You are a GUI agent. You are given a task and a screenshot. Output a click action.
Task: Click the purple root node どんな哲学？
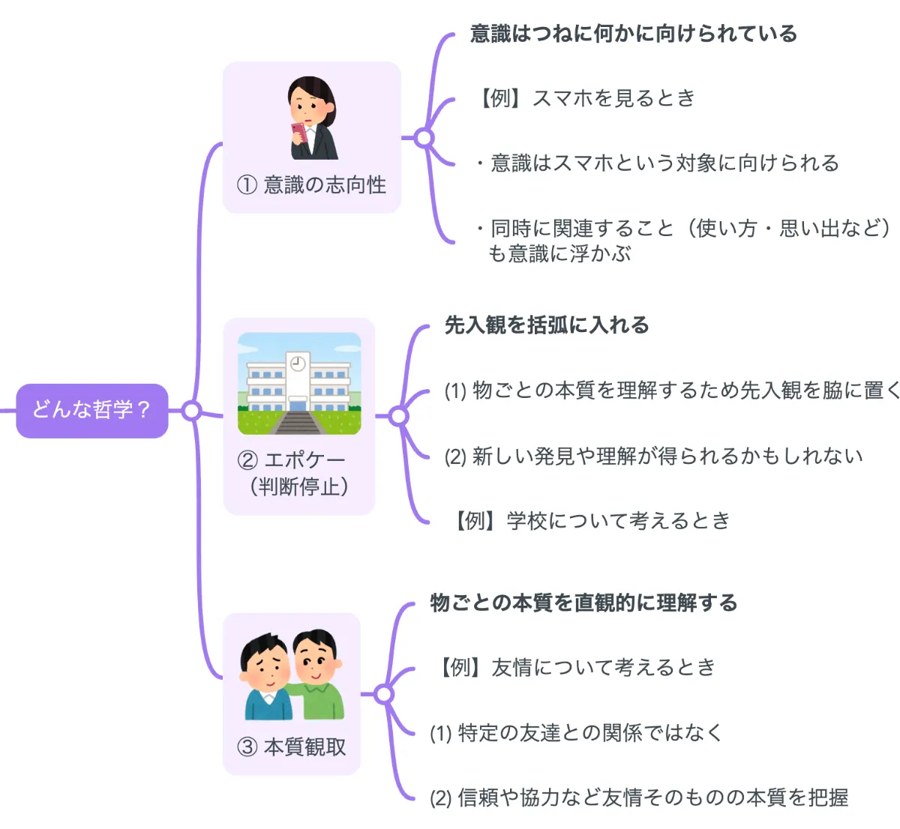91,410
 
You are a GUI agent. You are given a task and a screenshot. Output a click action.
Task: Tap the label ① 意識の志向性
311,184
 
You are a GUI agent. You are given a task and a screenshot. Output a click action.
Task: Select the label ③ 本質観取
292,747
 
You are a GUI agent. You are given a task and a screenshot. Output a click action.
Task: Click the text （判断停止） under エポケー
298,486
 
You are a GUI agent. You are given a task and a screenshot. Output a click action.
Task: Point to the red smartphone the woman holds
298,133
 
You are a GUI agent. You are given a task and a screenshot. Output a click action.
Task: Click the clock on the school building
298,364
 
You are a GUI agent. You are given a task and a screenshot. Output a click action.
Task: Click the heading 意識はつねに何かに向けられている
633,34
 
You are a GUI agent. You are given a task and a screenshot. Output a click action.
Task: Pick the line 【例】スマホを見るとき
586,98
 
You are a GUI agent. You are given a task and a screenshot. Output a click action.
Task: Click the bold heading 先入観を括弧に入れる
547,325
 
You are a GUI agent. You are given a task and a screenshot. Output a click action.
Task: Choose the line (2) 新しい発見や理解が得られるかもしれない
653,456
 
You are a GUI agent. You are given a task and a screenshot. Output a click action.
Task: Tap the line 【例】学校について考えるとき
589,520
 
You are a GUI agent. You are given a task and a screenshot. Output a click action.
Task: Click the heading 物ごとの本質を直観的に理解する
583,603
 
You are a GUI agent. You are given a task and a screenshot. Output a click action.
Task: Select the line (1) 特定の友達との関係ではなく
575,732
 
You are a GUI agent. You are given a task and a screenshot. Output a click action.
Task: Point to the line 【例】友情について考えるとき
575,667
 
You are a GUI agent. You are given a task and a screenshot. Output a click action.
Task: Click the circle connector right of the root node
192,410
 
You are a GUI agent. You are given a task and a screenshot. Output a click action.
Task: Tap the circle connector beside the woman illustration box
424,138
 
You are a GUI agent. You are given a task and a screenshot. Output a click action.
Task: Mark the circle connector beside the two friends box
384,695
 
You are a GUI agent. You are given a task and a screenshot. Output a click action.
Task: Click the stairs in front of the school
298,422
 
